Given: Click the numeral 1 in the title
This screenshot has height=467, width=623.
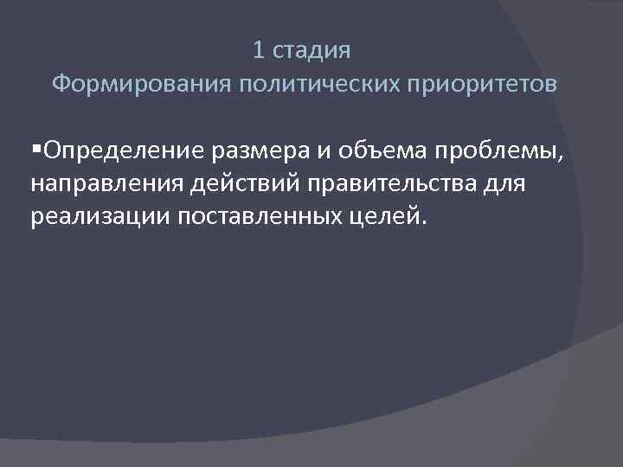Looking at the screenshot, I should click(x=259, y=51).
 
